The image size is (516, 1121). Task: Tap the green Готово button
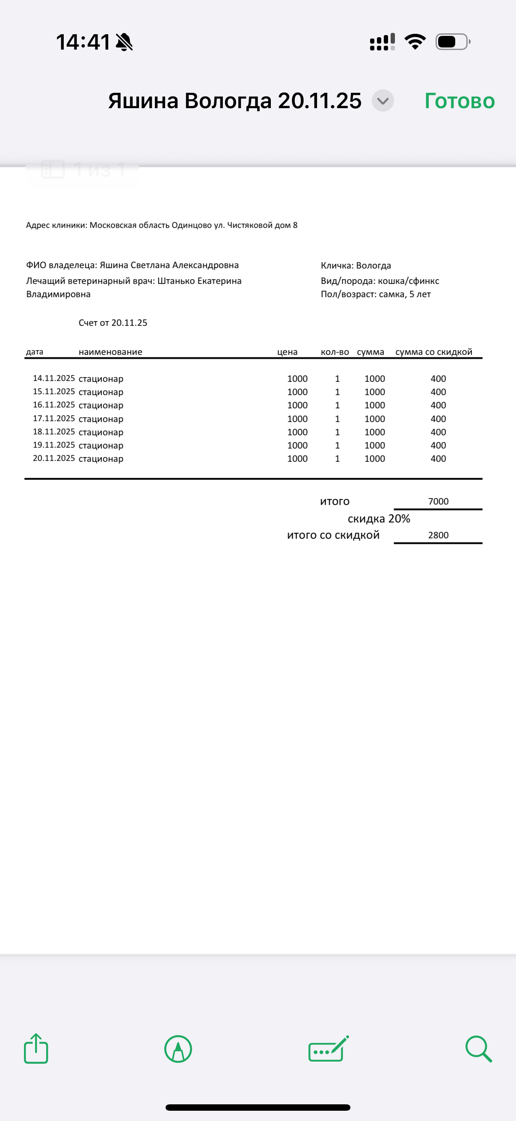click(x=460, y=101)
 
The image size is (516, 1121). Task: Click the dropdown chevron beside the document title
click(x=383, y=101)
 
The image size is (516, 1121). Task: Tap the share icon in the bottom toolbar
click(x=36, y=1048)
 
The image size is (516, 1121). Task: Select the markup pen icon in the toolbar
click(x=178, y=1049)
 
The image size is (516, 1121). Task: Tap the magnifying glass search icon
click(x=478, y=1049)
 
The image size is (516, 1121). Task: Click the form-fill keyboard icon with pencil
click(x=328, y=1049)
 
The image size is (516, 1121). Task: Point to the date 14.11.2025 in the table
click(x=54, y=378)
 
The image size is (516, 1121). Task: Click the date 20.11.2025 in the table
click(x=54, y=458)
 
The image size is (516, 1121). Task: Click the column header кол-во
click(x=335, y=351)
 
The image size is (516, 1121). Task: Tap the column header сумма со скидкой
click(x=434, y=351)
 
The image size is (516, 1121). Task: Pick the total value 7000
click(x=438, y=501)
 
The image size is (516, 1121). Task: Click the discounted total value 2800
click(x=438, y=535)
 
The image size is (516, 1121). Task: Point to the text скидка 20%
click(x=379, y=519)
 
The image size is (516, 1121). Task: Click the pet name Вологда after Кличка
click(x=373, y=265)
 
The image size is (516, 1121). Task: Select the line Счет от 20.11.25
click(x=113, y=322)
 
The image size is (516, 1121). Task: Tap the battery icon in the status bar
click(x=452, y=42)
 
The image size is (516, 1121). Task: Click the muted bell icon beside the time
click(x=124, y=42)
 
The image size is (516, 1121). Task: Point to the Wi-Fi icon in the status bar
click(x=415, y=41)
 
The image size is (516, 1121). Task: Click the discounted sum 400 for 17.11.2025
click(x=438, y=419)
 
